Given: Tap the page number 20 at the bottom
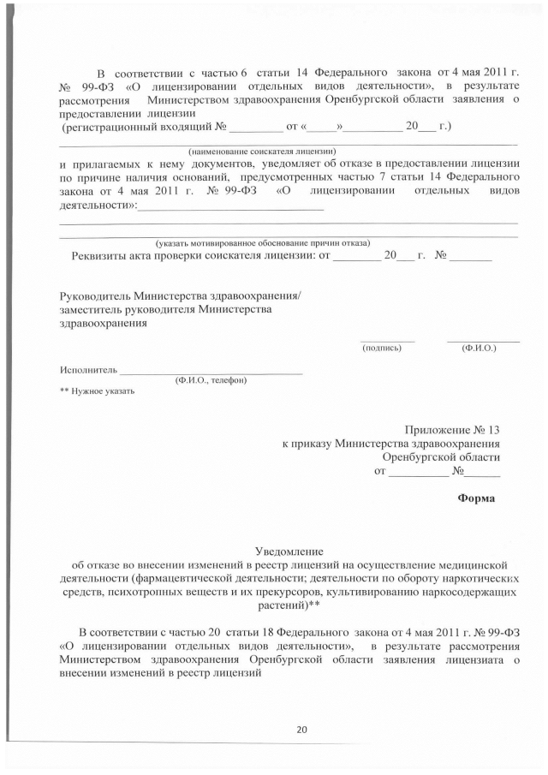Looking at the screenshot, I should (x=301, y=730).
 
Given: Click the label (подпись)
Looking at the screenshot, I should (x=382, y=348).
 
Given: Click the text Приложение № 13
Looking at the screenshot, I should (x=452, y=429).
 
